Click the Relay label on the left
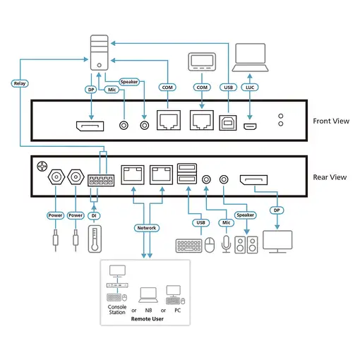pos(20,83)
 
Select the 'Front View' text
pos(330,121)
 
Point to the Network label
pos(145,228)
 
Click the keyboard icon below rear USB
pos(188,246)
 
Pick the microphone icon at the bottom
pos(225,244)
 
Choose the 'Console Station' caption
pos(117,311)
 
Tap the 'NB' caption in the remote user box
pos(149,310)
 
